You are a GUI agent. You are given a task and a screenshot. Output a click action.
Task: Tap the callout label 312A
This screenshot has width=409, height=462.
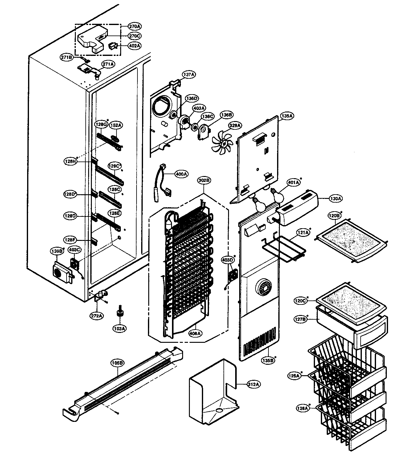(x=253, y=384)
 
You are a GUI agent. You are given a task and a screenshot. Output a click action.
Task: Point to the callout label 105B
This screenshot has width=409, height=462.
(x=117, y=363)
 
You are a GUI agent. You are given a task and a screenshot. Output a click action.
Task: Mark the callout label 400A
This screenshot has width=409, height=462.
(x=181, y=174)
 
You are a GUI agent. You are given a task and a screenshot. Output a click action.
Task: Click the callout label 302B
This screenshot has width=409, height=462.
(x=204, y=181)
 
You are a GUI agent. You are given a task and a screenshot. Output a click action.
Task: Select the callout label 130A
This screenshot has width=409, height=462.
(x=335, y=199)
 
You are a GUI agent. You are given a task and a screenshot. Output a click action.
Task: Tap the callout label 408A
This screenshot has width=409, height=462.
(x=196, y=333)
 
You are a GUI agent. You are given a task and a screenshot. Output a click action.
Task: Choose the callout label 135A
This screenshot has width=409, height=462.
(x=286, y=116)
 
